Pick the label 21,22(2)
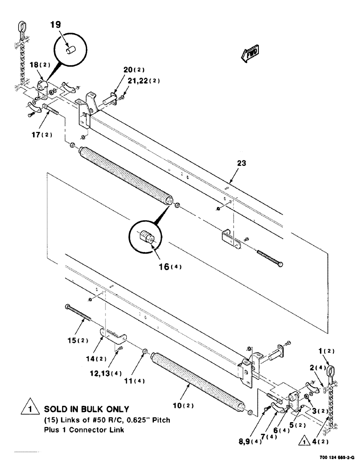point(138,80)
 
